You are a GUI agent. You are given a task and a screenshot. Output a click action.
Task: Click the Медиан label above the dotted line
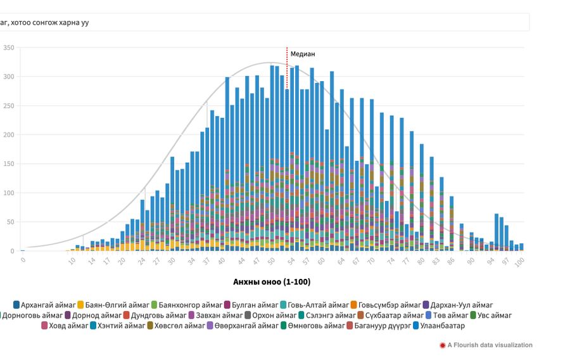tap(302, 54)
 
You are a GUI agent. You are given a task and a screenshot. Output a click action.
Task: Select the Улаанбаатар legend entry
tap(438, 326)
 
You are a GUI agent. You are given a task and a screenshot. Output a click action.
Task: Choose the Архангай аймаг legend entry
tap(44, 305)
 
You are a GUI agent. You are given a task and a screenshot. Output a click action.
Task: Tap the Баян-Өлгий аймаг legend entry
tap(113, 305)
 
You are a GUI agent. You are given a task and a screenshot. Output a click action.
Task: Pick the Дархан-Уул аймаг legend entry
tap(457, 305)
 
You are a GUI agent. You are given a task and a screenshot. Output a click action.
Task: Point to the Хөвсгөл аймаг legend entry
tap(175, 326)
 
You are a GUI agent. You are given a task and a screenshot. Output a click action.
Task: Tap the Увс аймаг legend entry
tap(490, 315)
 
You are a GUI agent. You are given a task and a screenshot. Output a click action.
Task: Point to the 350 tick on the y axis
tap(8, 48)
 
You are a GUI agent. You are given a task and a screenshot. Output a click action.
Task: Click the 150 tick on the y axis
tap(8, 164)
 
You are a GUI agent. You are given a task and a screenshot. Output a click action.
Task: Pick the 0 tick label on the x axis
tap(23, 260)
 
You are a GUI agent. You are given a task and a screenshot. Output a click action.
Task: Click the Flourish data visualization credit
tap(490, 345)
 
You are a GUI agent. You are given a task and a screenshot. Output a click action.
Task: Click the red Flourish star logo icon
tap(442, 345)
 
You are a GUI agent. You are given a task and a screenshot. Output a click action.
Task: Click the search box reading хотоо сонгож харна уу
tap(253, 22)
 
